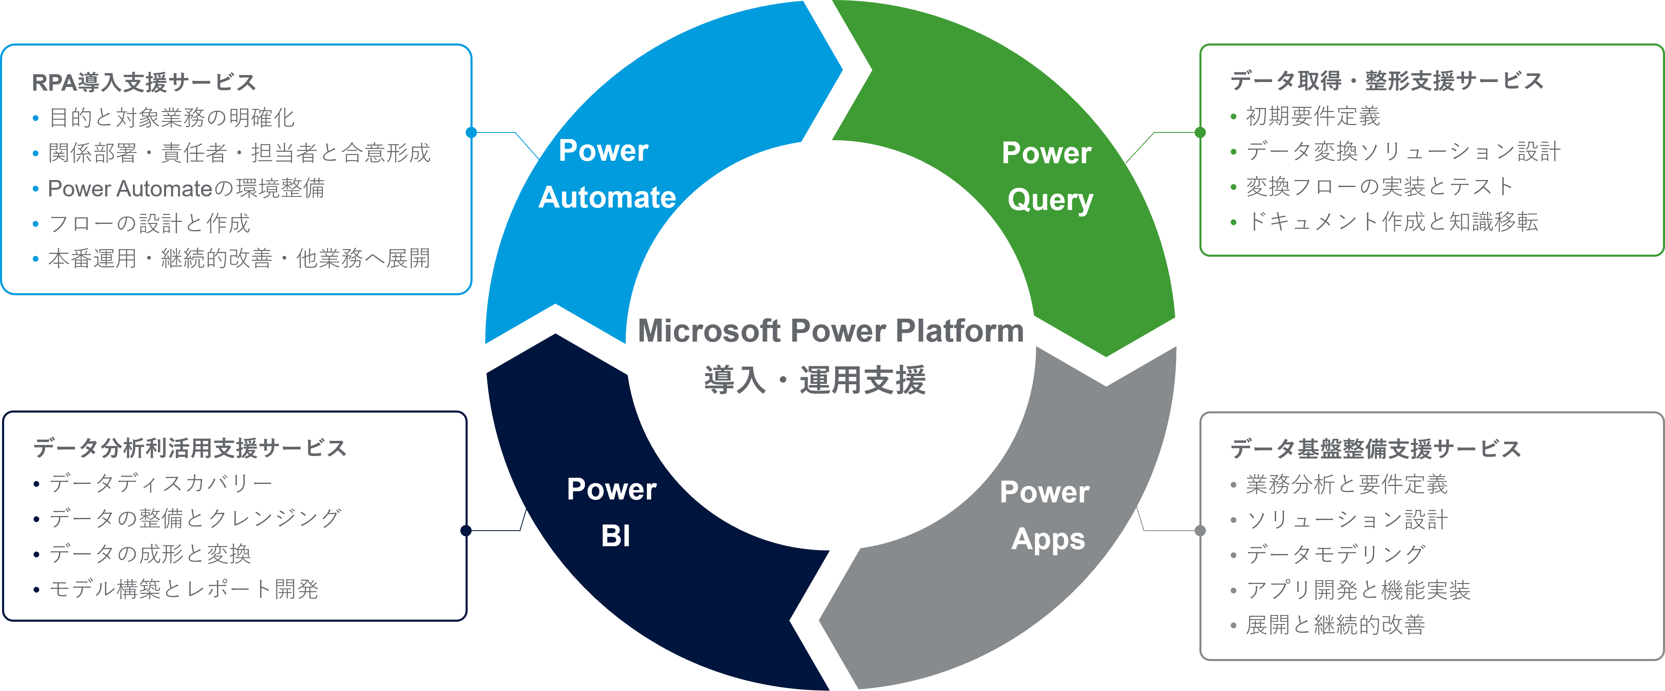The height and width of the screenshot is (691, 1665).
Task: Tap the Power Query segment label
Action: (x=1048, y=176)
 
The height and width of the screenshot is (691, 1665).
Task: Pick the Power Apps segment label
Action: (x=1046, y=515)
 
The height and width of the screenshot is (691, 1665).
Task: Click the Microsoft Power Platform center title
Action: (x=831, y=331)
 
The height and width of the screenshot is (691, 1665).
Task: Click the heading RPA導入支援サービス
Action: (x=144, y=82)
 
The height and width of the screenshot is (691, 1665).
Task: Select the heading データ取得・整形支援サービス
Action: (x=1386, y=81)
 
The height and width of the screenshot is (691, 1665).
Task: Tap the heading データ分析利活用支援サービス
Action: (x=190, y=448)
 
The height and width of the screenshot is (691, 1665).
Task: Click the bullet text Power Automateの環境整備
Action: (x=186, y=188)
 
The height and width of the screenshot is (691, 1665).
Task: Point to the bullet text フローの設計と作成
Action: (x=149, y=223)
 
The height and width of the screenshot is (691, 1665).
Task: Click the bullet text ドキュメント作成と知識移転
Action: (x=1391, y=222)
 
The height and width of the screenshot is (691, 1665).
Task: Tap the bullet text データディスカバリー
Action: (x=161, y=483)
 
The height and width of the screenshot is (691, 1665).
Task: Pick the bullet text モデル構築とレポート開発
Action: (x=184, y=589)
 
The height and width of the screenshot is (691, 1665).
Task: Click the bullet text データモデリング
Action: (x=1335, y=554)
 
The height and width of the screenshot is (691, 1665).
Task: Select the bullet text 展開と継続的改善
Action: (x=1335, y=625)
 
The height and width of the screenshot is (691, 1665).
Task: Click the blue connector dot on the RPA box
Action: (x=471, y=132)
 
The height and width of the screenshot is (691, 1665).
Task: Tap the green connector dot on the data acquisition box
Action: (x=1200, y=132)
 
